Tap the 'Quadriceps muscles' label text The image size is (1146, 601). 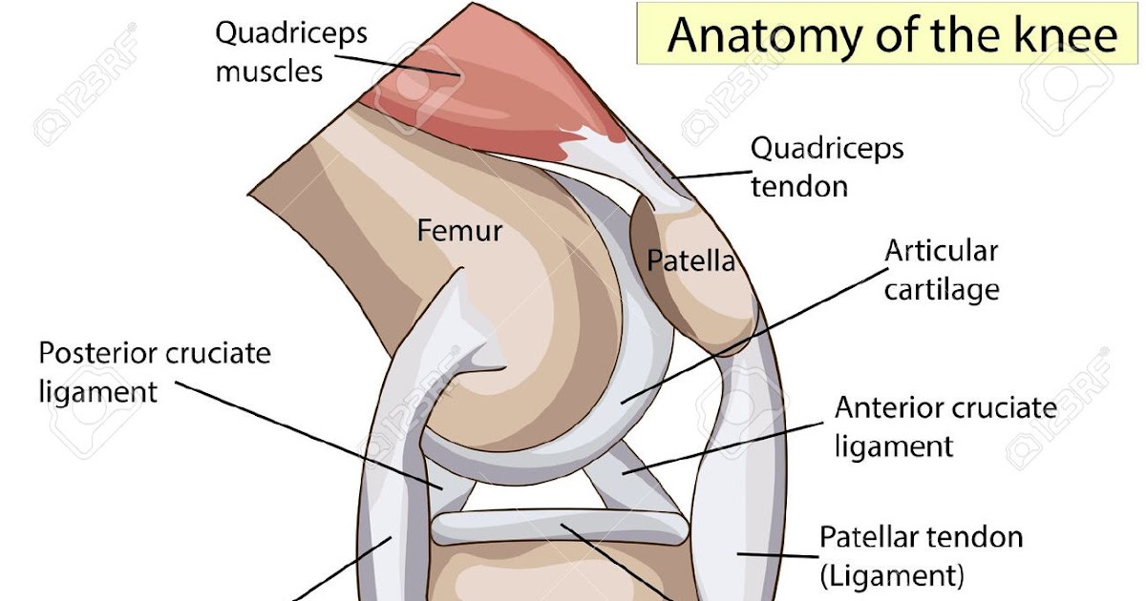[x=291, y=52]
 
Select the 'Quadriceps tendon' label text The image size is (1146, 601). [x=827, y=167]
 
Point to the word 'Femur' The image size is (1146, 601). [x=459, y=231]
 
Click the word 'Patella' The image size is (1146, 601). [x=690, y=260]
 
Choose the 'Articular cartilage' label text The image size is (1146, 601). [x=942, y=271]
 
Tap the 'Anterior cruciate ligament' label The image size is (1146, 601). [x=945, y=427]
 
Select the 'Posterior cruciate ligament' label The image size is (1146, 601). [x=155, y=372]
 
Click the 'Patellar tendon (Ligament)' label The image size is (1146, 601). [x=921, y=556]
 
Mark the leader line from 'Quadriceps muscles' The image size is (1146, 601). [x=397, y=66]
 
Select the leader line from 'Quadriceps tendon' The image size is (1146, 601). [x=711, y=175]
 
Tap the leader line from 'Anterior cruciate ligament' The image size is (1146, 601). [x=722, y=448]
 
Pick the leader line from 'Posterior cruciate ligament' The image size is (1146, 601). [x=308, y=435]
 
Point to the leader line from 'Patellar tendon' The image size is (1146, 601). [x=777, y=555]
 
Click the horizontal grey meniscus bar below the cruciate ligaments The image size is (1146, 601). [x=560, y=528]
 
